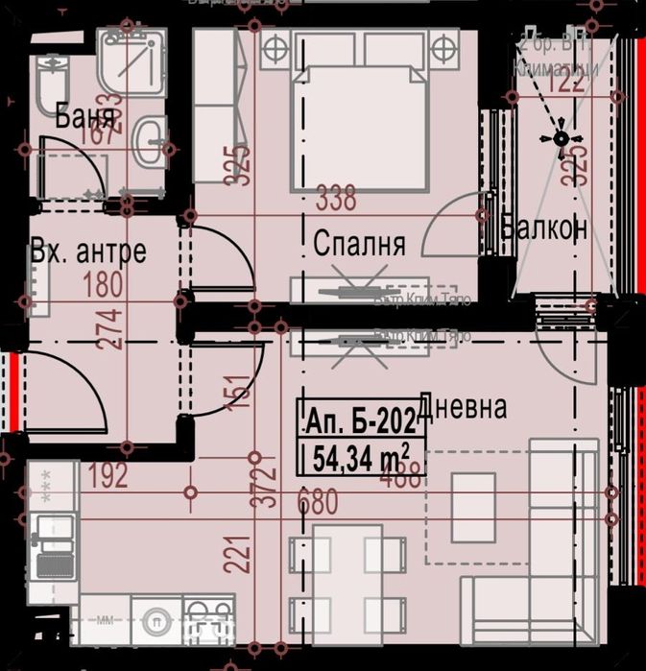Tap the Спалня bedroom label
(359, 244)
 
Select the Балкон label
(543, 228)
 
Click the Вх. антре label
(88, 252)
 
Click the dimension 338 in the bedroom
(336, 199)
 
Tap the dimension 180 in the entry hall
(103, 286)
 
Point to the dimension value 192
(108, 475)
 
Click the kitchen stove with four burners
(208, 621)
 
